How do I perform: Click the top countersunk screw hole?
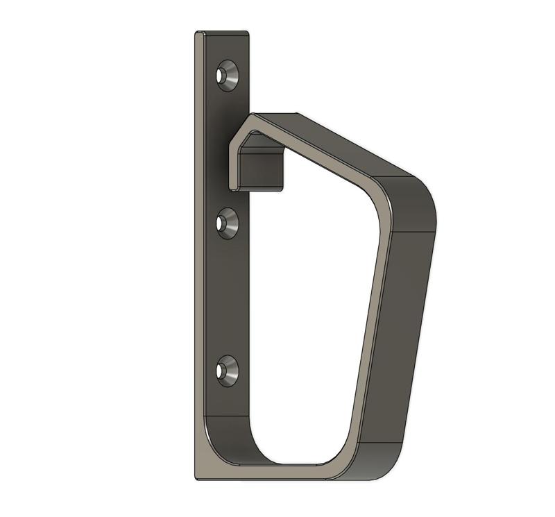[x=227, y=75]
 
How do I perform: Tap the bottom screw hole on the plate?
[x=227, y=371]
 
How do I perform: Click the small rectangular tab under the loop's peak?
[x=262, y=171]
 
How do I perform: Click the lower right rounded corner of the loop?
[x=378, y=461]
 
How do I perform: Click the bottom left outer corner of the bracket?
[x=198, y=477]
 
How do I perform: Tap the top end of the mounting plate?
[x=222, y=33]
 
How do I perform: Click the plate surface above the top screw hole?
[x=227, y=49]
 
